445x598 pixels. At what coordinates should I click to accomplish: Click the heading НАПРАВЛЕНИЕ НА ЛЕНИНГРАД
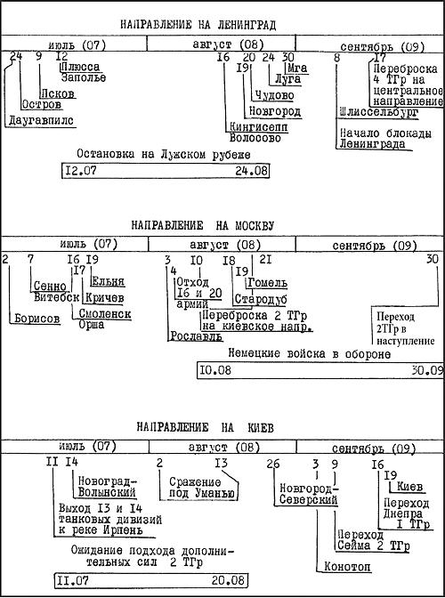(x=198, y=25)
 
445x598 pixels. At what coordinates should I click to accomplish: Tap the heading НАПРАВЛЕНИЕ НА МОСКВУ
(x=203, y=225)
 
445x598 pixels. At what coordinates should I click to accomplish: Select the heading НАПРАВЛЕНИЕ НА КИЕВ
(x=206, y=427)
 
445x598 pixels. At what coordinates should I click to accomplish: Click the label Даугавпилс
(x=41, y=121)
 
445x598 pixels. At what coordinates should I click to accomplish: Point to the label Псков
(x=57, y=93)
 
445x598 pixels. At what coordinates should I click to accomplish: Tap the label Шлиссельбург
(x=378, y=112)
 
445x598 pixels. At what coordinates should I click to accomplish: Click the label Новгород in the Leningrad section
(x=274, y=111)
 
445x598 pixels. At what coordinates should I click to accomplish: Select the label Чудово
(x=274, y=95)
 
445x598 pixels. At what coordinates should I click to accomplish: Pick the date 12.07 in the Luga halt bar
(x=81, y=171)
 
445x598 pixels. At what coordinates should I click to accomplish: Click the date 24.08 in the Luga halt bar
(x=251, y=171)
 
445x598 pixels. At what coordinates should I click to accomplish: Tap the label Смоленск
(x=105, y=314)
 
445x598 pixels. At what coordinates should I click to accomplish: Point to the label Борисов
(x=37, y=318)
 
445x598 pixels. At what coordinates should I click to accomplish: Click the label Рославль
(x=196, y=336)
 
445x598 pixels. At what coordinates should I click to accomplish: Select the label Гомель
(x=267, y=283)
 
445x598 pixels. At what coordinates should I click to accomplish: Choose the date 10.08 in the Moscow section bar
(x=215, y=370)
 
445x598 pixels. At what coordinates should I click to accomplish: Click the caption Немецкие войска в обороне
(x=309, y=354)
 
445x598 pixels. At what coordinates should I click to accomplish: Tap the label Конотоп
(x=347, y=567)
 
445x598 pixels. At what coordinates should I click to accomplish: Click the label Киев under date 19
(x=409, y=487)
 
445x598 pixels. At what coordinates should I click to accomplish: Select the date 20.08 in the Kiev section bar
(x=228, y=580)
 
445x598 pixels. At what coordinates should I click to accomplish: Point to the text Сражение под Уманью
(x=200, y=488)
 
